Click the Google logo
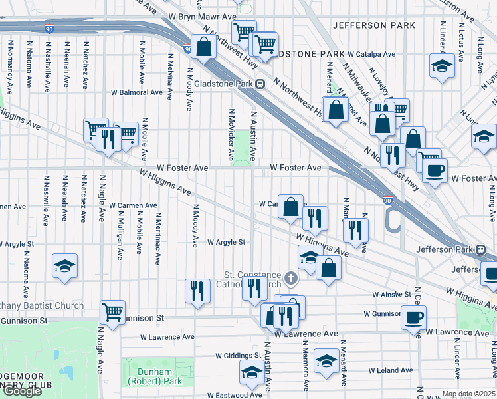click(x=22, y=391)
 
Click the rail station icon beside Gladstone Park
click(x=261, y=84)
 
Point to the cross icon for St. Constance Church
click(x=290, y=277)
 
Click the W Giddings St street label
click(x=238, y=356)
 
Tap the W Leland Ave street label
click(x=392, y=370)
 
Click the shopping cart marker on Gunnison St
click(x=113, y=312)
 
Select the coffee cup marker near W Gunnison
click(x=414, y=317)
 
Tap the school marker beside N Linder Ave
click(x=442, y=67)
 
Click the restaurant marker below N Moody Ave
click(x=197, y=291)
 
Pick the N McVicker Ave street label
click(x=231, y=135)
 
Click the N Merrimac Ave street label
click(x=157, y=238)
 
